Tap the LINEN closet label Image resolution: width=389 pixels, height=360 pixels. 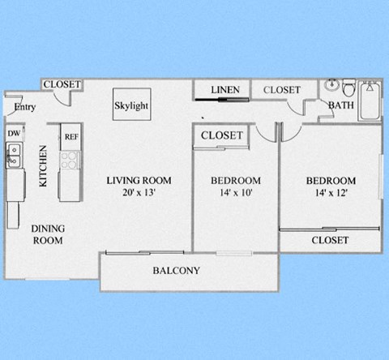click(224, 89)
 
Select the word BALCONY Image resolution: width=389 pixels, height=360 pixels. click(176, 271)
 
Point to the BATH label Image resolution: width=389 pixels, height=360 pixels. click(340, 105)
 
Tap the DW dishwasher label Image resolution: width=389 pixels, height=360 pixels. click(14, 133)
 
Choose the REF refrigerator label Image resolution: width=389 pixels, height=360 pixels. click(71, 136)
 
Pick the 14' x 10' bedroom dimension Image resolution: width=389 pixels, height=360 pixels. click(235, 193)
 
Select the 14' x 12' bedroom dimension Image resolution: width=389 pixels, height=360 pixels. click(331, 193)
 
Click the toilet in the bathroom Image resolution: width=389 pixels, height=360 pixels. click(348, 87)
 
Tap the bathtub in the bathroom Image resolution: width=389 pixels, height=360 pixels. click(371, 101)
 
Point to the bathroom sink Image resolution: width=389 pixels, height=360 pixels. click(331, 86)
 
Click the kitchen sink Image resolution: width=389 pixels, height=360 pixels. click(13, 152)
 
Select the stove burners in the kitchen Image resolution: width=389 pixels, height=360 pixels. click(71, 157)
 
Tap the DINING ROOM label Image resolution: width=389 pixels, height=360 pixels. click(48, 234)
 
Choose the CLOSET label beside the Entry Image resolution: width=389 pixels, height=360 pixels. click(61, 84)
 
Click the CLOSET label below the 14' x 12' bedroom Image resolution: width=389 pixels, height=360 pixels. click(330, 240)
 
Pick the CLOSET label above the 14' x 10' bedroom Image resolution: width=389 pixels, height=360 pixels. click(221, 135)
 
